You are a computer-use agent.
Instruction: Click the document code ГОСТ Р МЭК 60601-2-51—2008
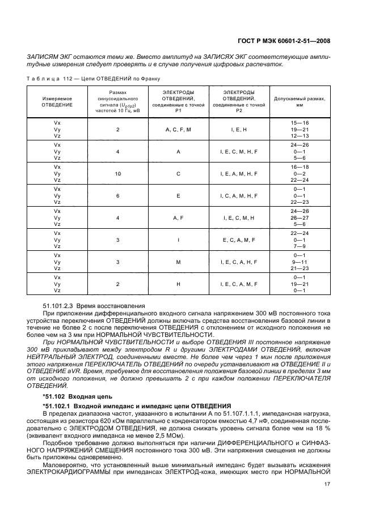[x=283, y=41]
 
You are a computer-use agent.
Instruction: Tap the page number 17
[x=327, y=484]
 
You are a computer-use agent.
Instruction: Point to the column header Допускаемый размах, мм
[x=300, y=101]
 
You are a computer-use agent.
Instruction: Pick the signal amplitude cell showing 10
[x=118, y=174]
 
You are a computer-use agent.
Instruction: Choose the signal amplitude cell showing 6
[x=118, y=196]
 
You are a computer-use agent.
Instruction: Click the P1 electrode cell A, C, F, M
[x=178, y=130]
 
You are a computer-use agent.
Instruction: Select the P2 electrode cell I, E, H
[x=239, y=130]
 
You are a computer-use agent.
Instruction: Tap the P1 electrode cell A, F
[x=178, y=218]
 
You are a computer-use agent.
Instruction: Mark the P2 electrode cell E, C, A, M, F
[x=239, y=240]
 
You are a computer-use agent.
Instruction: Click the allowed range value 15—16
[x=300, y=123]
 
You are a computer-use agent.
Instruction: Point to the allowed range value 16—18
[x=300, y=167]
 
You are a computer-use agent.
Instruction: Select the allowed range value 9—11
[x=300, y=262]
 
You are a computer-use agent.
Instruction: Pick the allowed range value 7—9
[x=300, y=246]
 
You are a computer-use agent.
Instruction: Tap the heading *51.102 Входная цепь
[x=77, y=396]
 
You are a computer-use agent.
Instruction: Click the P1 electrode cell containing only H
[x=178, y=284]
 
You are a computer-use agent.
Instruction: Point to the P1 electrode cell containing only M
[x=178, y=262]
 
